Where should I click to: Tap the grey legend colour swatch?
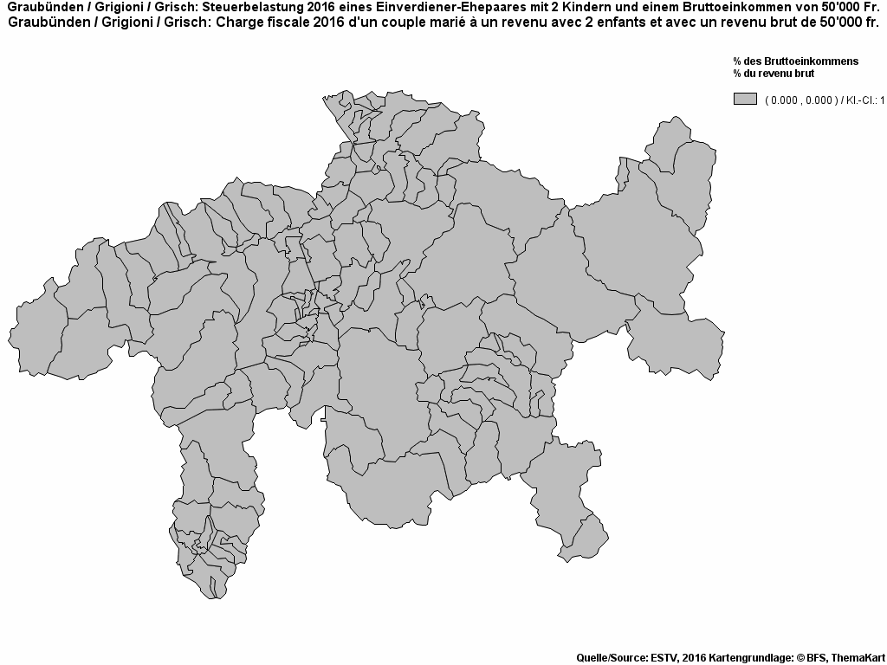pos(745,100)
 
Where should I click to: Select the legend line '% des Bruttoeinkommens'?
pos(795,61)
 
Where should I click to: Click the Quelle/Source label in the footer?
pos(610,657)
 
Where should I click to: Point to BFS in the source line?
pos(816,657)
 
